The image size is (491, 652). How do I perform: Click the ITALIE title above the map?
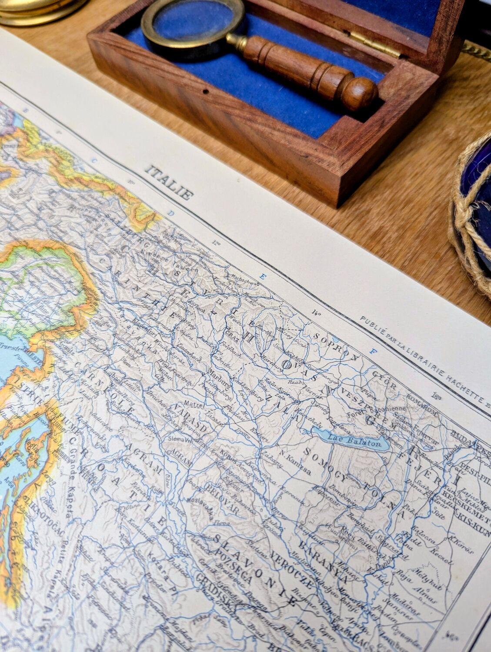pyautogui.click(x=170, y=182)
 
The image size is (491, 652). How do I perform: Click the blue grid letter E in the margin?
pyautogui.click(x=262, y=276)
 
